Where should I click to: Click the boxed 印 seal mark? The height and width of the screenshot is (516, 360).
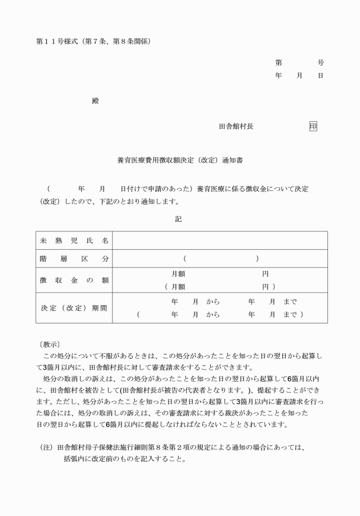[x=313, y=126]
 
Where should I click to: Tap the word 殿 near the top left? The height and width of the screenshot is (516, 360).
[x=95, y=101]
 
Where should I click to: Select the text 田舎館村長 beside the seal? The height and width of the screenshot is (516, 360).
[x=236, y=126]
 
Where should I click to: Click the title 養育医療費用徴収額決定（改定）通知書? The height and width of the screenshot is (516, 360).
[x=180, y=161]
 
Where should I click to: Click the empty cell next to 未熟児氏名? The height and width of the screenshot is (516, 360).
[x=220, y=241]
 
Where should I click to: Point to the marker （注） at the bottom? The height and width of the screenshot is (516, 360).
[x=46, y=447]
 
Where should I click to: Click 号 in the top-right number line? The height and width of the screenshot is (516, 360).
[x=321, y=62]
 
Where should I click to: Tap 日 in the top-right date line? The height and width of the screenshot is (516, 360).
[x=321, y=75]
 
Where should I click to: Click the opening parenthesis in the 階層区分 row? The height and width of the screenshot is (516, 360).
[x=185, y=259]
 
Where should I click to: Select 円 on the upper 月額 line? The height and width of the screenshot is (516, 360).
[x=265, y=274]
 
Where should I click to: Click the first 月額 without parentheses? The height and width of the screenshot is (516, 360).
[x=178, y=274]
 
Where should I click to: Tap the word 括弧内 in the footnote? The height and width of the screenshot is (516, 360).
[x=74, y=459]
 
